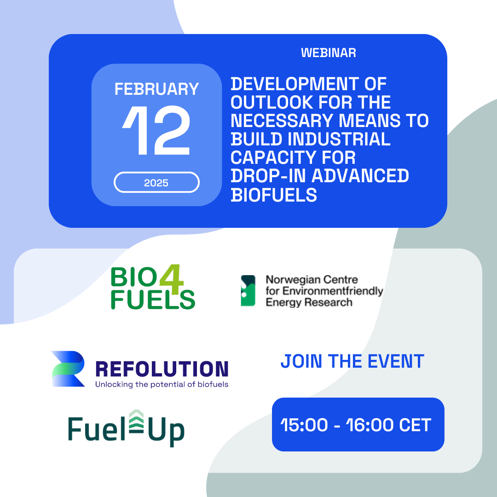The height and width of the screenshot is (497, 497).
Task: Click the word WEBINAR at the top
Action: click(329, 53)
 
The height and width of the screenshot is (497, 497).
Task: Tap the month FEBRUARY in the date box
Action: click(156, 89)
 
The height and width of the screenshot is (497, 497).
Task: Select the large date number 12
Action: click(156, 130)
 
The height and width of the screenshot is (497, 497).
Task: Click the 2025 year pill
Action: click(156, 182)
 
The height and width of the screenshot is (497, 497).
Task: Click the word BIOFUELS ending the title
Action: click(273, 195)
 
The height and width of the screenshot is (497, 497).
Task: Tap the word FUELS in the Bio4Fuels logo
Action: click(153, 300)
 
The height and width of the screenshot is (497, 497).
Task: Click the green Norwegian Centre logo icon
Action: click(248, 291)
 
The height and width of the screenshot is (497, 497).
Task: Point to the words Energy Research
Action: click(309, 302)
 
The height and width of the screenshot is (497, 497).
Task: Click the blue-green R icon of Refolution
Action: click(68, 369)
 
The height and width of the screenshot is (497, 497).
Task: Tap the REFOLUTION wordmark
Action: click(162, 370)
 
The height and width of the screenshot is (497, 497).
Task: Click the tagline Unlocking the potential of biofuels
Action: click(162, 384)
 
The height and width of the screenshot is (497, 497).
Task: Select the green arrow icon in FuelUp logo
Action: click(136, 421)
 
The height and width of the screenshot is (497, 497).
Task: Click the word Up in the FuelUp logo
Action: click(166, 431)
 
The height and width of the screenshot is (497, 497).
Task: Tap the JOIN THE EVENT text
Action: click(352, 361)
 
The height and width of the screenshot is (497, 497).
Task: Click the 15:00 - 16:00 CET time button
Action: click(358, 424)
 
